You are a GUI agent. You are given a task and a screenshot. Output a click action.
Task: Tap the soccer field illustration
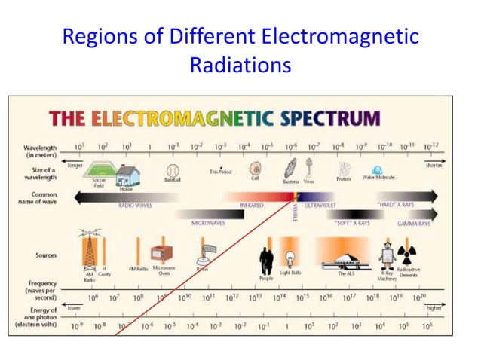pyautogui.click(x=97, y=172)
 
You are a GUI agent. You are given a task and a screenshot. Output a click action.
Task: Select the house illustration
pyautogui.click(x=128, y=175)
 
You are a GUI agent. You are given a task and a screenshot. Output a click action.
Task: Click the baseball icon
pyautogui.click(x=173, y=170)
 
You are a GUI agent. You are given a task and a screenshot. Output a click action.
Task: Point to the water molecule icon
pyautogui.click(x=377, y=171)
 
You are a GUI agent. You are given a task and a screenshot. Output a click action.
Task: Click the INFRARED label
pyautogui.click(x=252, y=205)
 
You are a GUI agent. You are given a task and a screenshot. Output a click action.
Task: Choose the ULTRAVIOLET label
pyautogui.click(x=320, y=205)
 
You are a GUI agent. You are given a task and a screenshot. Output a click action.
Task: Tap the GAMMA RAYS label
pyautogui.click(x=414, y=224)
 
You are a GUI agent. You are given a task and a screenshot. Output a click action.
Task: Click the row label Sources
pyautogui.click(x=46, y=255)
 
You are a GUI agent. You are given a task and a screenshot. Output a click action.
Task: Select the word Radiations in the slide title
pyautogui.click(x=240, y=65)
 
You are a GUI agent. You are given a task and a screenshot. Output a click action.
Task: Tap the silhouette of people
pyautogui.click(x=266, y=260)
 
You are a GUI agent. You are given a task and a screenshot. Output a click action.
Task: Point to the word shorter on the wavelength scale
pyautogui.click(x=434, y=165)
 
